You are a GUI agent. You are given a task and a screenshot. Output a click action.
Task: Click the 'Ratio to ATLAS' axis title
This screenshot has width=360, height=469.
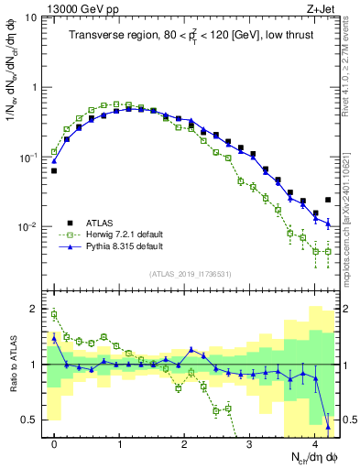12,364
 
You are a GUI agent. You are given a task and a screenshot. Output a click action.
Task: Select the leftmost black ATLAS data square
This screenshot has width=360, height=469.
54,170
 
